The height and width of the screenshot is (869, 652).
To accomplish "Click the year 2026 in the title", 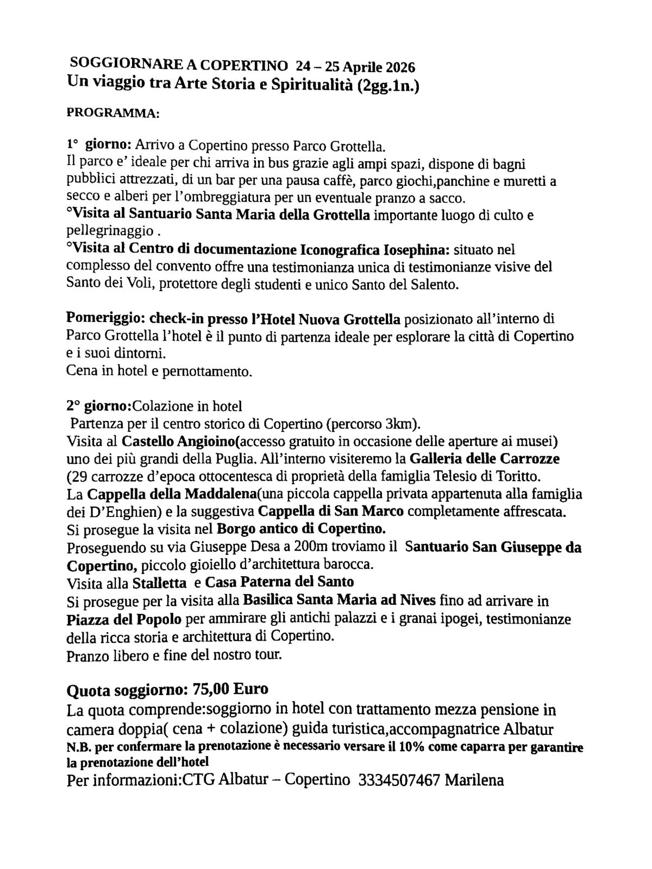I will [400, 67].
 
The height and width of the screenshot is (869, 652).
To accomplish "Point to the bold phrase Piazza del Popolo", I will [124, 619].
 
